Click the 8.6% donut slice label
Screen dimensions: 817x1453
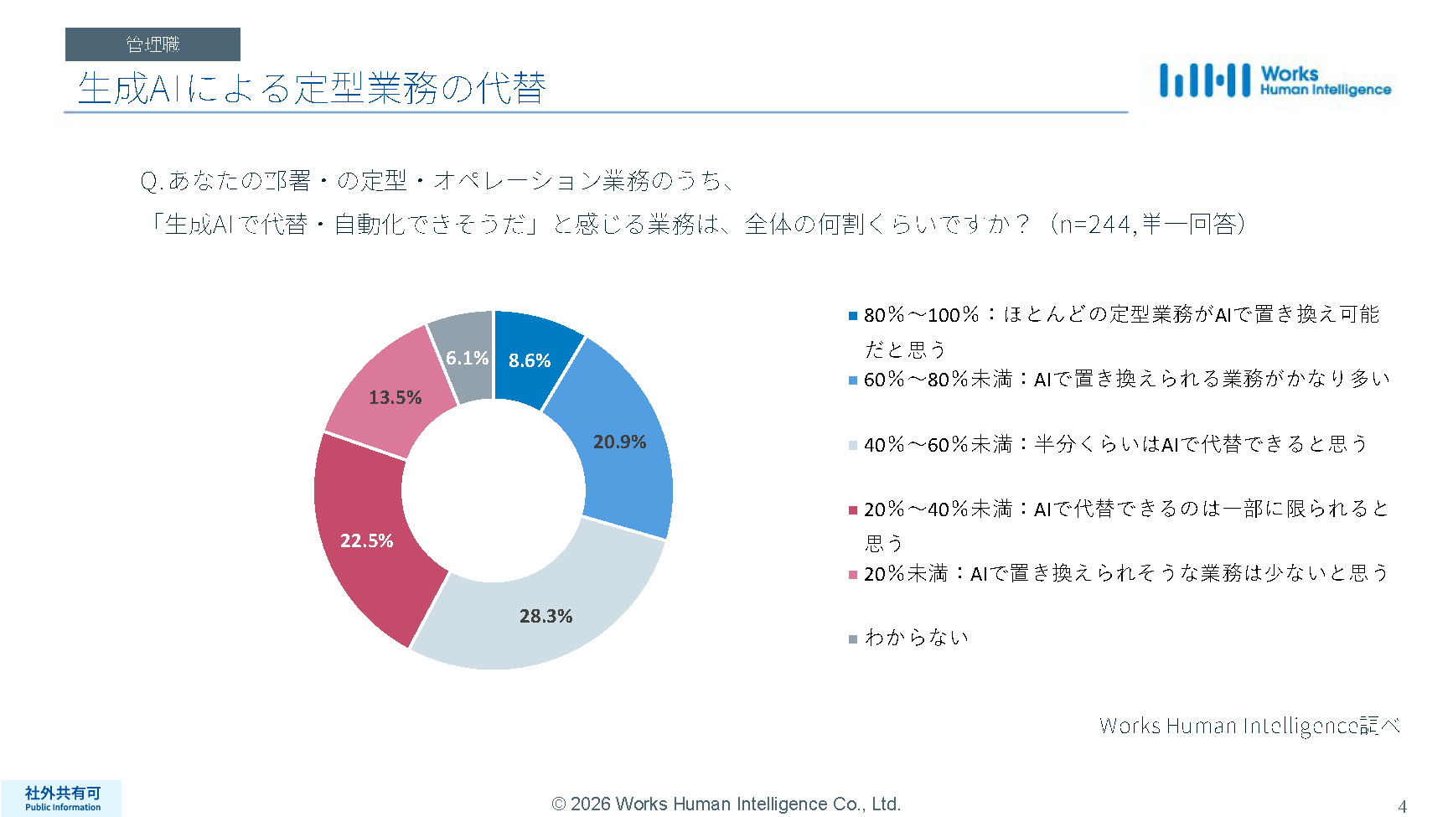pyautogui.click(x=530, y=360)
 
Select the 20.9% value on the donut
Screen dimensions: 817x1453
pyautogui.click(x=619, y=442)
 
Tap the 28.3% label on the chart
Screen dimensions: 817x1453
pyautogui.click(x=546, y=616)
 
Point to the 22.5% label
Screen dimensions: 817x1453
pyautogui.click(x=366, y=540)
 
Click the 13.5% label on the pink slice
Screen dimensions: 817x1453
pyautogui.click(x=395, y=397)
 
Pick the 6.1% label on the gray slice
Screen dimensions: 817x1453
pyautogui.click(x=467, y=358)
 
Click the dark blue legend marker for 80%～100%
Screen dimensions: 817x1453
pyautogui.click(x=853, y=316)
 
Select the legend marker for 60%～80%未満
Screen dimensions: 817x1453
pyautogui.click(x=853, y=380)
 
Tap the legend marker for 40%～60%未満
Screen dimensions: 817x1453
pyautogui.click(x=853, y=445)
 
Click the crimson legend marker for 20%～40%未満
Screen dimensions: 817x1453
pyautogui.click(x=853, y=509)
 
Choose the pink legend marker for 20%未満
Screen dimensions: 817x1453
pyautogui.click(x=853, y=574)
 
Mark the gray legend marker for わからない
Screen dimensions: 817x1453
pyautogui.click(x=853, y=639)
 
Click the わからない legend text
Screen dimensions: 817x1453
pyautogui.click(x=917, y=638)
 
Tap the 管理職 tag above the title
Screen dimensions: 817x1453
pyautogui.click(x=153, y=44)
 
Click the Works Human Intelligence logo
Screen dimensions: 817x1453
pyautogui.click(x=1274, y=81)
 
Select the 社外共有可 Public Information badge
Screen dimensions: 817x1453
pyautogui.click(x=62, y=799)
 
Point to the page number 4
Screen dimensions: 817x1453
pyautogui.click(x=1402, y=806)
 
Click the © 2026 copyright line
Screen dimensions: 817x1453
pyautogui.click(x=726, y=804)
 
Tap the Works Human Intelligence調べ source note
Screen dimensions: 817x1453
pyautogui.click(x=1249, y=726)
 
